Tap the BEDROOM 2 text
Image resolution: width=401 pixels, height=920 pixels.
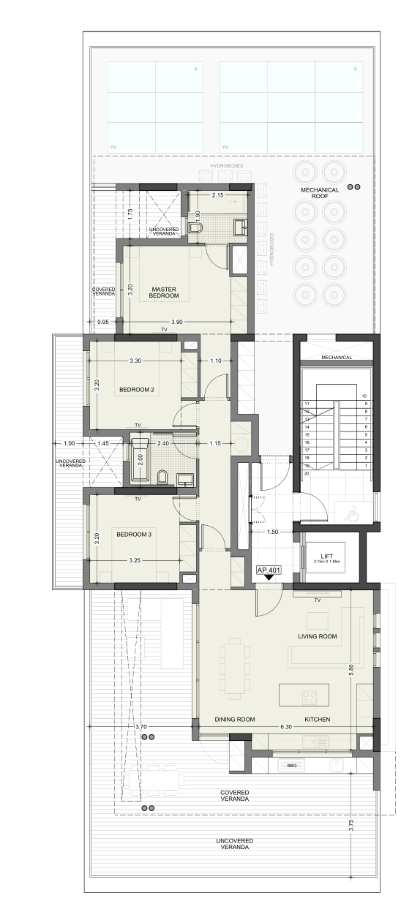click(136, 390)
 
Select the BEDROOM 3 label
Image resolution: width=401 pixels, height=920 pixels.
click(134, 535)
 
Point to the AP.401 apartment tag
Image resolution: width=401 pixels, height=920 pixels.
click(269, 569)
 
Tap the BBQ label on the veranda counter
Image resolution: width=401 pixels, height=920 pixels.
click(291, 766)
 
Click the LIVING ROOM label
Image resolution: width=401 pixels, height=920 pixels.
click(317, 636)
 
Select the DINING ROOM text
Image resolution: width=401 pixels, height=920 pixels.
click(234, 720)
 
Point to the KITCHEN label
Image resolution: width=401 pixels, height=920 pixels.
click(317, 720)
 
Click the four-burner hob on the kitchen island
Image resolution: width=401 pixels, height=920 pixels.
click(310, 696)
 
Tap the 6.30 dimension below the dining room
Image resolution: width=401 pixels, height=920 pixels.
click(285, 727)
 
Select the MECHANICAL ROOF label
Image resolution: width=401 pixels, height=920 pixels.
click(320, 193)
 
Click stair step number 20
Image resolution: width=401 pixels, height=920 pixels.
click(307, 474)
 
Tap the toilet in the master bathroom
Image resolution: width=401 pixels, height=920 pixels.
click(195, 229)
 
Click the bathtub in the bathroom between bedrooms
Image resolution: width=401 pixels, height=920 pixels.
click(140, 459)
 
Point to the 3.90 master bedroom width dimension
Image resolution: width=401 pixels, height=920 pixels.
click(176, 322)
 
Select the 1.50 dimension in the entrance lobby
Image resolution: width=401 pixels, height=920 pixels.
click(273, 532)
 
